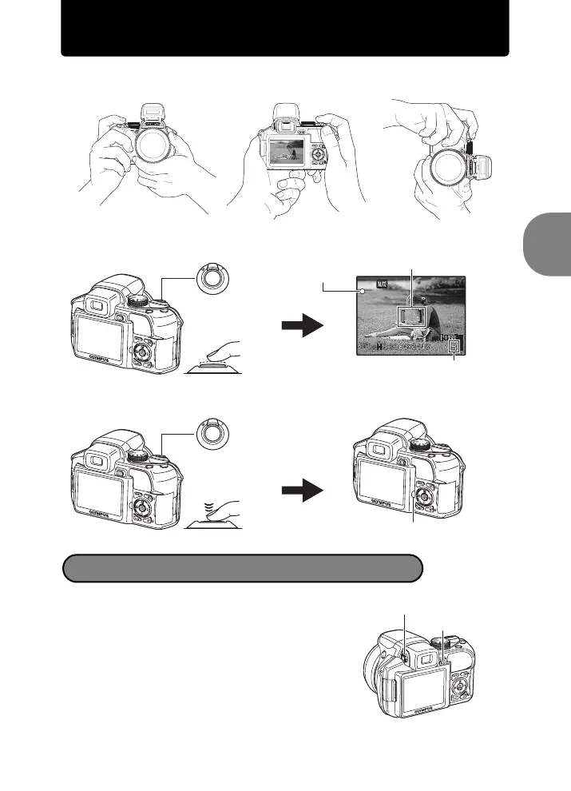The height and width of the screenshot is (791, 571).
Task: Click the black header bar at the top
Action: (285, 29)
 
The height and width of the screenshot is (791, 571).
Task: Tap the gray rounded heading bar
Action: (242, 568)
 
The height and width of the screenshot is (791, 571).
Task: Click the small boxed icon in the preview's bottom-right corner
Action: (454, 348)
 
